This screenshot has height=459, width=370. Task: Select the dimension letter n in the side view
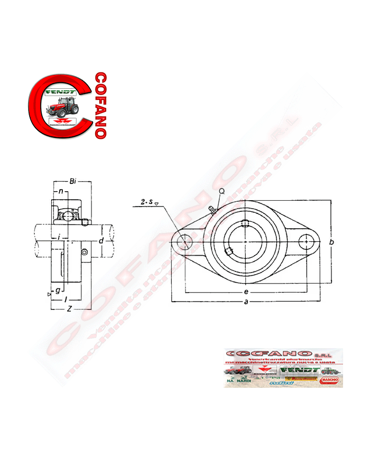pos(61,191)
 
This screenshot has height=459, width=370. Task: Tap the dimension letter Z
pos(69,308)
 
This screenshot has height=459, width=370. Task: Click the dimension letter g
pos(58,289)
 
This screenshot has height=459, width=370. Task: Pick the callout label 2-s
pos(147,202)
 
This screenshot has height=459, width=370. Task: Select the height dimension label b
pos(331,242)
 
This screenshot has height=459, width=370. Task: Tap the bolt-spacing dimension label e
pos(246,291)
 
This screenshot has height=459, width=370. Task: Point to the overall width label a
pos(246,302)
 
